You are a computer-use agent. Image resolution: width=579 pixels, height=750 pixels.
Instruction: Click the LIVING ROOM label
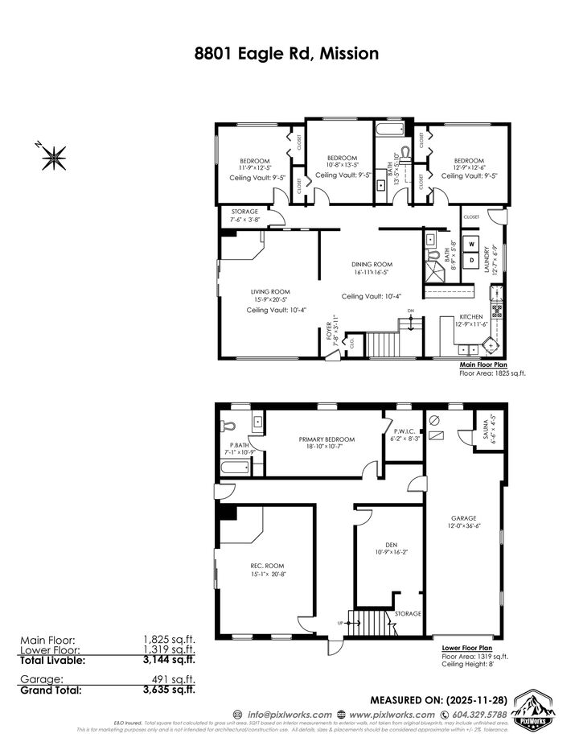270,291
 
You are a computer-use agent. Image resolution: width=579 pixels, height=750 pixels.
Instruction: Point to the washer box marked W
473,244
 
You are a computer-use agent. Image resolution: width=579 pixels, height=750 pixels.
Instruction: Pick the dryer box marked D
473,260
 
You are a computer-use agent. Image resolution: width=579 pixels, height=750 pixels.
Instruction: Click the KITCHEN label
470,317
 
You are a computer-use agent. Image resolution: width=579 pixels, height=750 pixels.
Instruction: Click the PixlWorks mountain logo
535,707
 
